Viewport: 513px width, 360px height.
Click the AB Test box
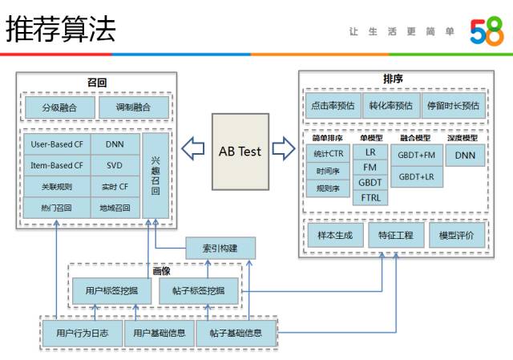click(x=240, y=151)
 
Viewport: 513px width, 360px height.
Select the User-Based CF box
click(x=57, y=144)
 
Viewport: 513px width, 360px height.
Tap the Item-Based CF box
click(x=57, y=166)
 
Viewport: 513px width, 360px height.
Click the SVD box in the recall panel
click(x=115, y=166)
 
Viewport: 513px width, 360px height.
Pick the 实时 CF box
click(x=115, y=187)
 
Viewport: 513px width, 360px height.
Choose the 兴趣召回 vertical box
click(x=156, y=176)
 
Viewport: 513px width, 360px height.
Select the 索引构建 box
click(x=220, y=248)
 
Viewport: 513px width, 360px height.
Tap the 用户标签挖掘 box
click(x=112, y=290)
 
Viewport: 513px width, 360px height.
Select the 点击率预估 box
click(x=333, y=105)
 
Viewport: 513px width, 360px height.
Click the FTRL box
click(x=370, y=197)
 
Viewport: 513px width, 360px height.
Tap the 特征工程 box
click(x=396, y=236)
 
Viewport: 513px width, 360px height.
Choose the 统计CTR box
click(x=328, y=154)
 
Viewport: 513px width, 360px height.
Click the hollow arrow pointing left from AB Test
click(x=193, y=148)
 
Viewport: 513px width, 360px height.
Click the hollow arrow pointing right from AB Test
click(x=283, y=148)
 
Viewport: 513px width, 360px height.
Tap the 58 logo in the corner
click(x=487, y=31)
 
